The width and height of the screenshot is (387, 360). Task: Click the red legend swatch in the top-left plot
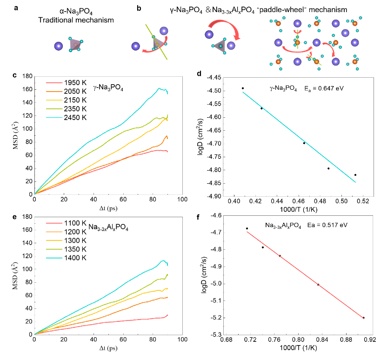pos(54,83)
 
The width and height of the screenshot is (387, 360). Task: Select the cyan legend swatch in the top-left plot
pos(54,118)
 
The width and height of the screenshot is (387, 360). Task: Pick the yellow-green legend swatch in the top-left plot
pos(54,109)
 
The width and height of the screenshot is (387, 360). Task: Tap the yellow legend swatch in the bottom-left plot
pos(54,240)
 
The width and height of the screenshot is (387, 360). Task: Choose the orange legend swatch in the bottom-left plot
pos(54,232)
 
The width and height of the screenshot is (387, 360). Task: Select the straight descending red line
pos(305,274)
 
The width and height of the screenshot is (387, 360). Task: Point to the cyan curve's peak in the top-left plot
pos(160,88)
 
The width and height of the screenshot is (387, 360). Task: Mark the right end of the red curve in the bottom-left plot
pos(167,315)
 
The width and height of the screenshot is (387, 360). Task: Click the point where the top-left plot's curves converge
pos(35,193)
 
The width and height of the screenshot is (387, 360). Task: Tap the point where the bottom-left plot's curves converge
pos(35,334)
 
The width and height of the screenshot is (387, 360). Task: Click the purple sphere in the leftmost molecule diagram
pos(59,46)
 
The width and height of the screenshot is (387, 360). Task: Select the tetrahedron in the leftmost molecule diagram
pos(75,45)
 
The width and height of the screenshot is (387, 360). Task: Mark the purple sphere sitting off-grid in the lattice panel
pos(345,33)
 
